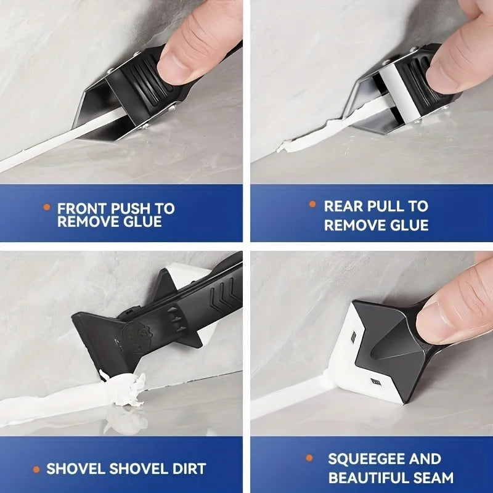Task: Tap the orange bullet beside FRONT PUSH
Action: point(46,208)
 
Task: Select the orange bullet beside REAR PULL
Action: point(312,205)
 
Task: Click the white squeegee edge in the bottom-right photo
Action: point(345,351)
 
